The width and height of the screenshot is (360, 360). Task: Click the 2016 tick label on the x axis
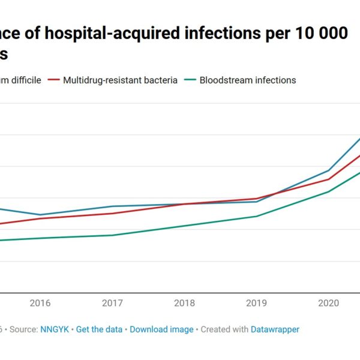[x=40, y=303]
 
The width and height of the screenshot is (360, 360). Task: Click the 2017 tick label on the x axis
[x=112, y=303]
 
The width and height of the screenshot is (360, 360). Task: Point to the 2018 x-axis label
[x=184, y=303]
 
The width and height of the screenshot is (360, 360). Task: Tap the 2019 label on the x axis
[x=257, y=303]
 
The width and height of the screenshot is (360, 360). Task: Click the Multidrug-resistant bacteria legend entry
[x=120, y=80]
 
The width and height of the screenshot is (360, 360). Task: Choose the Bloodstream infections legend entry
[x=247, y=80]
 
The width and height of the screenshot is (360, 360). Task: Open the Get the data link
[x=99, y=329]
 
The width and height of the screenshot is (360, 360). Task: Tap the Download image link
[x=161, y=329]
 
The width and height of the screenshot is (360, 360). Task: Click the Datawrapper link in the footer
[x=276, y=329]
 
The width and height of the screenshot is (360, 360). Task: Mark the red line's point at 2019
[x=257, y=199]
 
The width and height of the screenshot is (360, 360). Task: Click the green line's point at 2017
[x=112, y=235]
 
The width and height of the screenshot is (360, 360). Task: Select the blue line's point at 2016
[x=40, y=215]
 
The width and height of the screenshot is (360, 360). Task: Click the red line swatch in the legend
[x=53, y=80]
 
